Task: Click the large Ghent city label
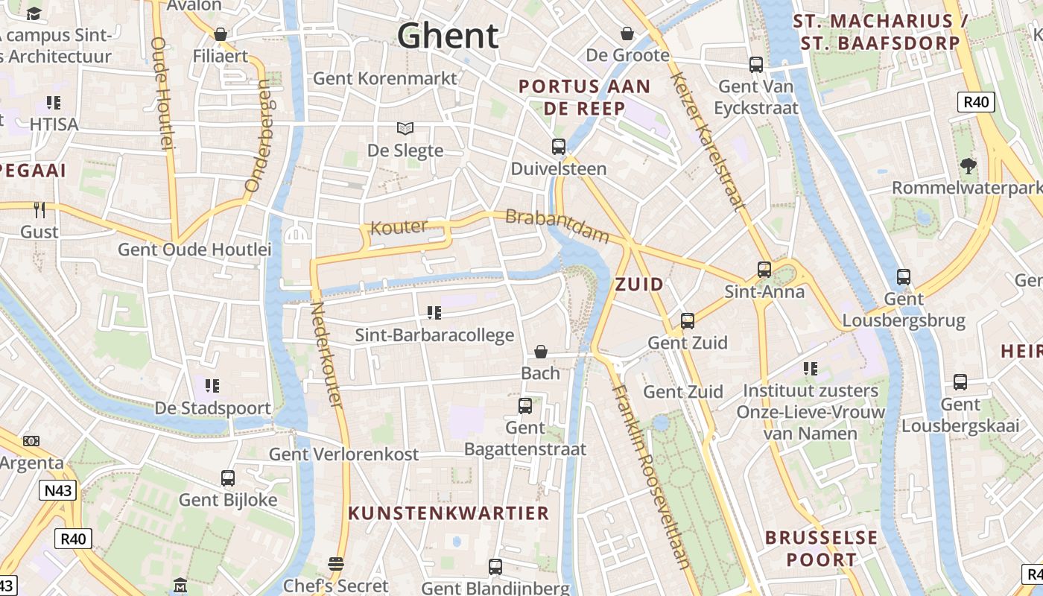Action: (448, 36)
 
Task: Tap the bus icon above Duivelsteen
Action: (559, 146)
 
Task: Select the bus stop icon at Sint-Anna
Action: (764, 269)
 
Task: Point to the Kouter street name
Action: (399, 227)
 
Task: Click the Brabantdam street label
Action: (557, 226)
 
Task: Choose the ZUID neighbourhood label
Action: (639, 284)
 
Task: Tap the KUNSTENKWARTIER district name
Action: (448, 513)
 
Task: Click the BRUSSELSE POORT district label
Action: (821, 548)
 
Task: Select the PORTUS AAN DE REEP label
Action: (584, 97)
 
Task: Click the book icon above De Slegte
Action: (405, 128)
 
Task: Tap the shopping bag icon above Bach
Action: (541, 351)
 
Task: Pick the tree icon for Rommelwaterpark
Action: (968, 165)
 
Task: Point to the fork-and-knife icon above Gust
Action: (39, 209)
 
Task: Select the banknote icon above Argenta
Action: (31, 441)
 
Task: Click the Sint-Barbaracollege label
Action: (434, 335)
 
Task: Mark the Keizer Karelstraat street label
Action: (708, 142)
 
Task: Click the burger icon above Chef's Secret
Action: (336, 564)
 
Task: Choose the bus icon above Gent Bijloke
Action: (228, 478)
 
